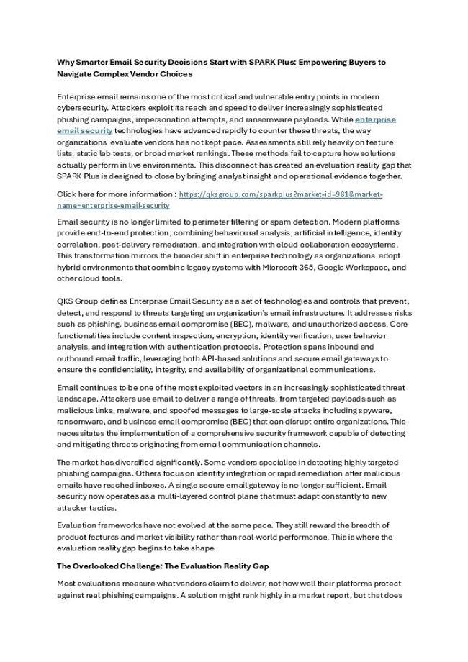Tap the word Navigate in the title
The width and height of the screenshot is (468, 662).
pyautogui.click(x=76, y=74)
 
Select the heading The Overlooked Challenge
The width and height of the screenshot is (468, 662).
pyautogui.click(x=119, y=566)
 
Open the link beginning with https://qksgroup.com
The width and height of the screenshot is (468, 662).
pyautogui.click(x=280, y=194)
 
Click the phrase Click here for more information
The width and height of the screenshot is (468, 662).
pyautogui.click(x=114, y=194)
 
